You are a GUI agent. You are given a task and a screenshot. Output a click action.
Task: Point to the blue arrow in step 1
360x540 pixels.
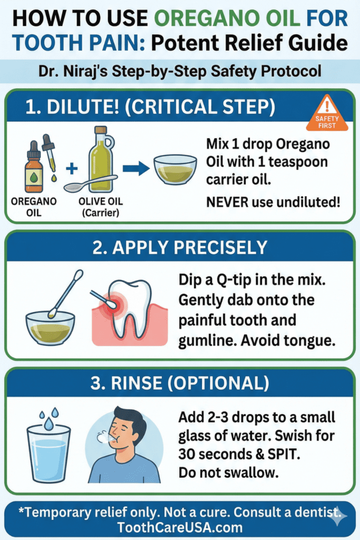pyautogui.click(x=135, y=169)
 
